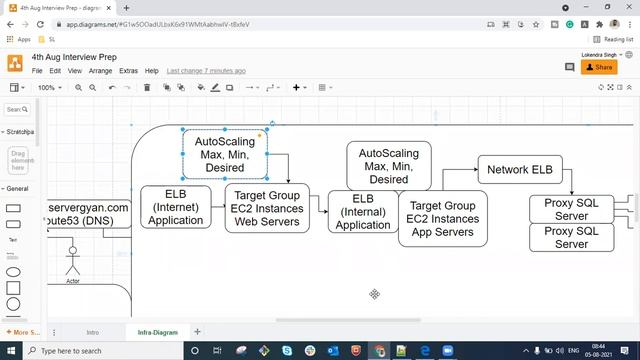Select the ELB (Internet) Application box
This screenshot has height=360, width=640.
pyautogui.click(x=175, y=206)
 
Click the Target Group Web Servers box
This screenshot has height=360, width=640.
pyautogui.click(x=267, y=207)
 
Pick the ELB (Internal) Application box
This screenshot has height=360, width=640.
pyautogui.click(x=363, y=212)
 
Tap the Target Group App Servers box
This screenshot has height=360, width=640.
pyautogui.click(x=443, y=218)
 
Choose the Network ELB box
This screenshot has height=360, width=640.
pyautogui.click(x=519, y=170)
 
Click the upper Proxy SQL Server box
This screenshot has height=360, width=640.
pyautogui.click(x=571, y=209)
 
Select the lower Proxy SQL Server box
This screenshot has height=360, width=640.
pyautogui.click(x=571, y=237)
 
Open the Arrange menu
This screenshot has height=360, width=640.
pyautogui.click(x=100, y=71)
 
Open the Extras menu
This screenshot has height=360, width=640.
pyautogui.click(x=128, y=71)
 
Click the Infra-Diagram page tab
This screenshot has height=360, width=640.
pyautogui.click(x=159, y=331)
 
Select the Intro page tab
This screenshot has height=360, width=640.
pyautogui.click(x=93, y=331)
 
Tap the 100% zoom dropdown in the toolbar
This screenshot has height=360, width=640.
pyautogui.click(x=49, y=88)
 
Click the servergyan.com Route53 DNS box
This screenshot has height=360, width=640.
pyautogui.click(x=88, y=214)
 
